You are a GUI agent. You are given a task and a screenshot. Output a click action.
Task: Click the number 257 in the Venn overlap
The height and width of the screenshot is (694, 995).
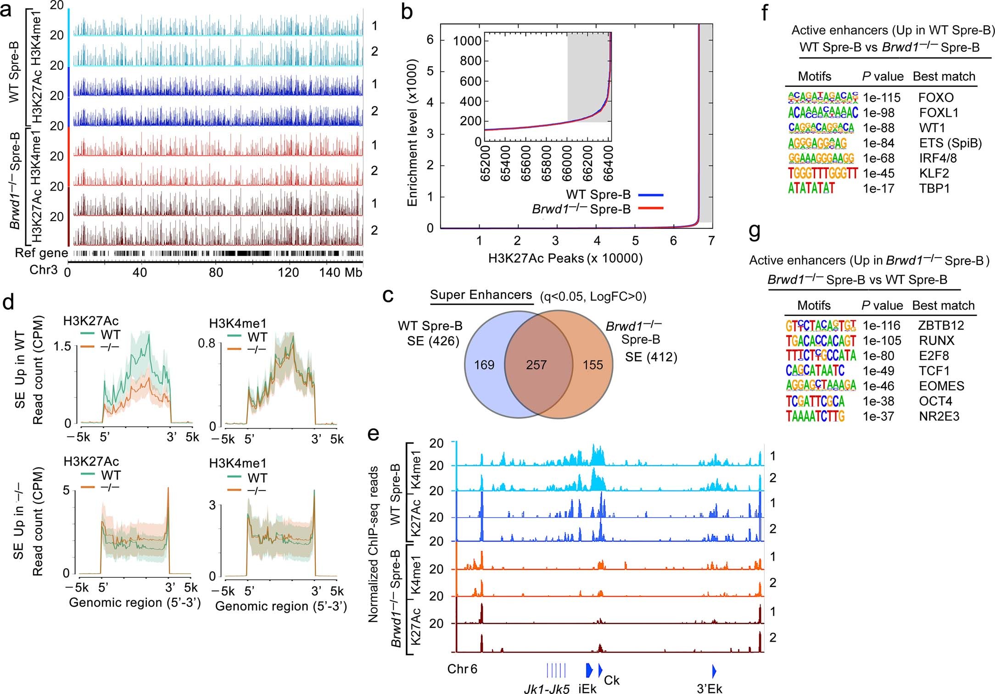[x=536, y=365]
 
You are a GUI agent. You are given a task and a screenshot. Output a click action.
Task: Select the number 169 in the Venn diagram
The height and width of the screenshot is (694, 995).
[x=484, y=365]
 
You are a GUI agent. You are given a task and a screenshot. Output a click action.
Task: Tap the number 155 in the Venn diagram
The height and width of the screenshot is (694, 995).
[x=593, y=365]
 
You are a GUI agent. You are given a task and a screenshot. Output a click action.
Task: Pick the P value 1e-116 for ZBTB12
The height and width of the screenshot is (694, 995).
[x=881, y=326]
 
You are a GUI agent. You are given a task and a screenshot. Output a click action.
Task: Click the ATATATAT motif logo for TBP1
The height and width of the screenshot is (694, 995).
[x=811, y=188]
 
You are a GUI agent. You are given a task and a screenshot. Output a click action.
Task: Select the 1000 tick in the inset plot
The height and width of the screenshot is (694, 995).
[x=467, y=41]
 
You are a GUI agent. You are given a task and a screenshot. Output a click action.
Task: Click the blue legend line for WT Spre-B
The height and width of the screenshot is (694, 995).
[x=651, y=195]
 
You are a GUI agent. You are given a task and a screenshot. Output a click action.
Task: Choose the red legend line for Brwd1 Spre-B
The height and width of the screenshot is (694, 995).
[x=651, y=209]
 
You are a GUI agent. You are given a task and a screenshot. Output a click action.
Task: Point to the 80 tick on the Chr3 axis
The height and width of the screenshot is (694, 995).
[x=216, y=273]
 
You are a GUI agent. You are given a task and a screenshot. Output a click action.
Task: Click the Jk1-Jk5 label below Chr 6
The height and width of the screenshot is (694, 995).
[x=547, y=688]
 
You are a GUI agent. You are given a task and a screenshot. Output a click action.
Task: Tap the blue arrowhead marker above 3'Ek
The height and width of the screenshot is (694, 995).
[x=714, y=671]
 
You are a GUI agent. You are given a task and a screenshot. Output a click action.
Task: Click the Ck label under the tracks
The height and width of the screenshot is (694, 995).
[x=612, y=680]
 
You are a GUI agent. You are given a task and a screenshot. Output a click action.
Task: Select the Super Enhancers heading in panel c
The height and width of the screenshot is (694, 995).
[x=481, y=295]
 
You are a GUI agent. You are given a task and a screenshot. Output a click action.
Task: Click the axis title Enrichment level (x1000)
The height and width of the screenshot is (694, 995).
[x=412, y=133]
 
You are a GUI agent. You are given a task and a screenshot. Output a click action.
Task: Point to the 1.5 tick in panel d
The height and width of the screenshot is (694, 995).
[x=62, y=346]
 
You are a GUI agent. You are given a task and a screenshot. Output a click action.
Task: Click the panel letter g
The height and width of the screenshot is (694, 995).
[x=755, y=231]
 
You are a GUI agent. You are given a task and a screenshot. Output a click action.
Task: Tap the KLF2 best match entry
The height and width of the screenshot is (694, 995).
[x=934, y=174]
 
